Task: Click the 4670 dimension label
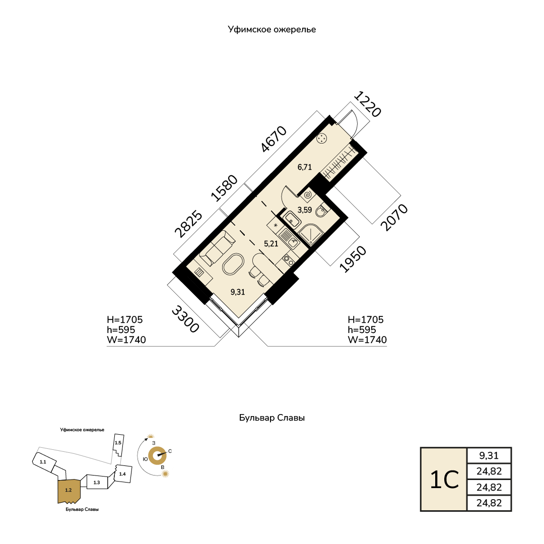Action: coord(274,139)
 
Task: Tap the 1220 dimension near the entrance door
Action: coord(367,104)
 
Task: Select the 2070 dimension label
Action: coord(394,218)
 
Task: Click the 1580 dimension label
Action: coord(225,188)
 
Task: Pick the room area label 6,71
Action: coord(305,167)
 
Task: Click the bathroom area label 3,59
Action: coord(305,210)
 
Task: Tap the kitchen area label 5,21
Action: coord(271,244)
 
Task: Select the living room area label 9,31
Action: coord(238,292)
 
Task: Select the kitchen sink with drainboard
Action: coord(289,239)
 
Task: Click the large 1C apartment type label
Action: coord(444,480)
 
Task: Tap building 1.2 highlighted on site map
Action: coord(69,491)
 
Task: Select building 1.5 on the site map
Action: coord(118,444)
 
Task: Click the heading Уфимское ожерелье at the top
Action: coord(271,30)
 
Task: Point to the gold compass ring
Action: coord(157,456)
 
